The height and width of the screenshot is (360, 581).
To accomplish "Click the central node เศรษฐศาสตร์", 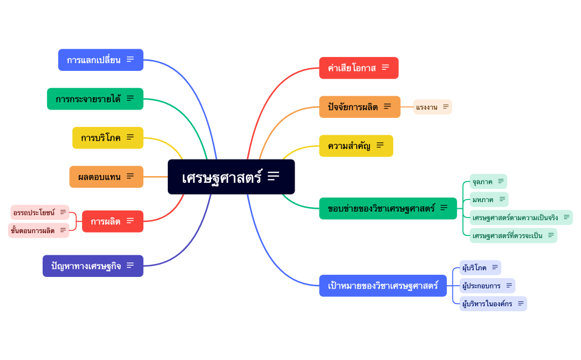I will [x=222, y=177].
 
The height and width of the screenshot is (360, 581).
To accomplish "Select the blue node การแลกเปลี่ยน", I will [x=94, y=60].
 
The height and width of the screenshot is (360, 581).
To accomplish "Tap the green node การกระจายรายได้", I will [x=88, y=99].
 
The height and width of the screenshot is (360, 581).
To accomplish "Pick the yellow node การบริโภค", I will [x=101, y=138].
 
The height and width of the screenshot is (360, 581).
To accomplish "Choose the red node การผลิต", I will [x=106, y=222].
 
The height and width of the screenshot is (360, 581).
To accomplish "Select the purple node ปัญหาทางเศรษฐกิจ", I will [x=86, y=266].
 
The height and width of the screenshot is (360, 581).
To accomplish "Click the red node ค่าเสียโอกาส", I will [x=352, y=68].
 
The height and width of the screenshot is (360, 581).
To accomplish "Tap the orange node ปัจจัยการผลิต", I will [x=353, y=107].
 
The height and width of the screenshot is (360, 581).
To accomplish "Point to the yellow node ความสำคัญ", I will [x=349, y=146].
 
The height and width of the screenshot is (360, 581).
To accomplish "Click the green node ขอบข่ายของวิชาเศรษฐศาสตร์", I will [x=382, y=208].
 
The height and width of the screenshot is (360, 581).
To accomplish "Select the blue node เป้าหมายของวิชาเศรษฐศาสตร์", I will [x=383, y=286].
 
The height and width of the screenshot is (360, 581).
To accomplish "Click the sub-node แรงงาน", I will [x=427, y=107].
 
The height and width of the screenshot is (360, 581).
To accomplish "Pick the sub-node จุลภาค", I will [x=482, y=182].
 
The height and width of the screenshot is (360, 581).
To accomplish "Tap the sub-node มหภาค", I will [x=483, y=199].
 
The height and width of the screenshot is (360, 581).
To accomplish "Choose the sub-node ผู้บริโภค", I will [x=475, y=268].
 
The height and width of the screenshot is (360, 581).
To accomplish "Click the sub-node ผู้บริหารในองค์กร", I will [x=487, y=304].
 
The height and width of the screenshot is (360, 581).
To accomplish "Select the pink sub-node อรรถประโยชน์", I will [x=34, y=212].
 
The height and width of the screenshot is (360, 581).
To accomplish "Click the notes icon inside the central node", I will [x=274, y=176].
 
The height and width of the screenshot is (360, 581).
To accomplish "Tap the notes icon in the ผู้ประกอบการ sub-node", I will [x=509, y=285].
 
